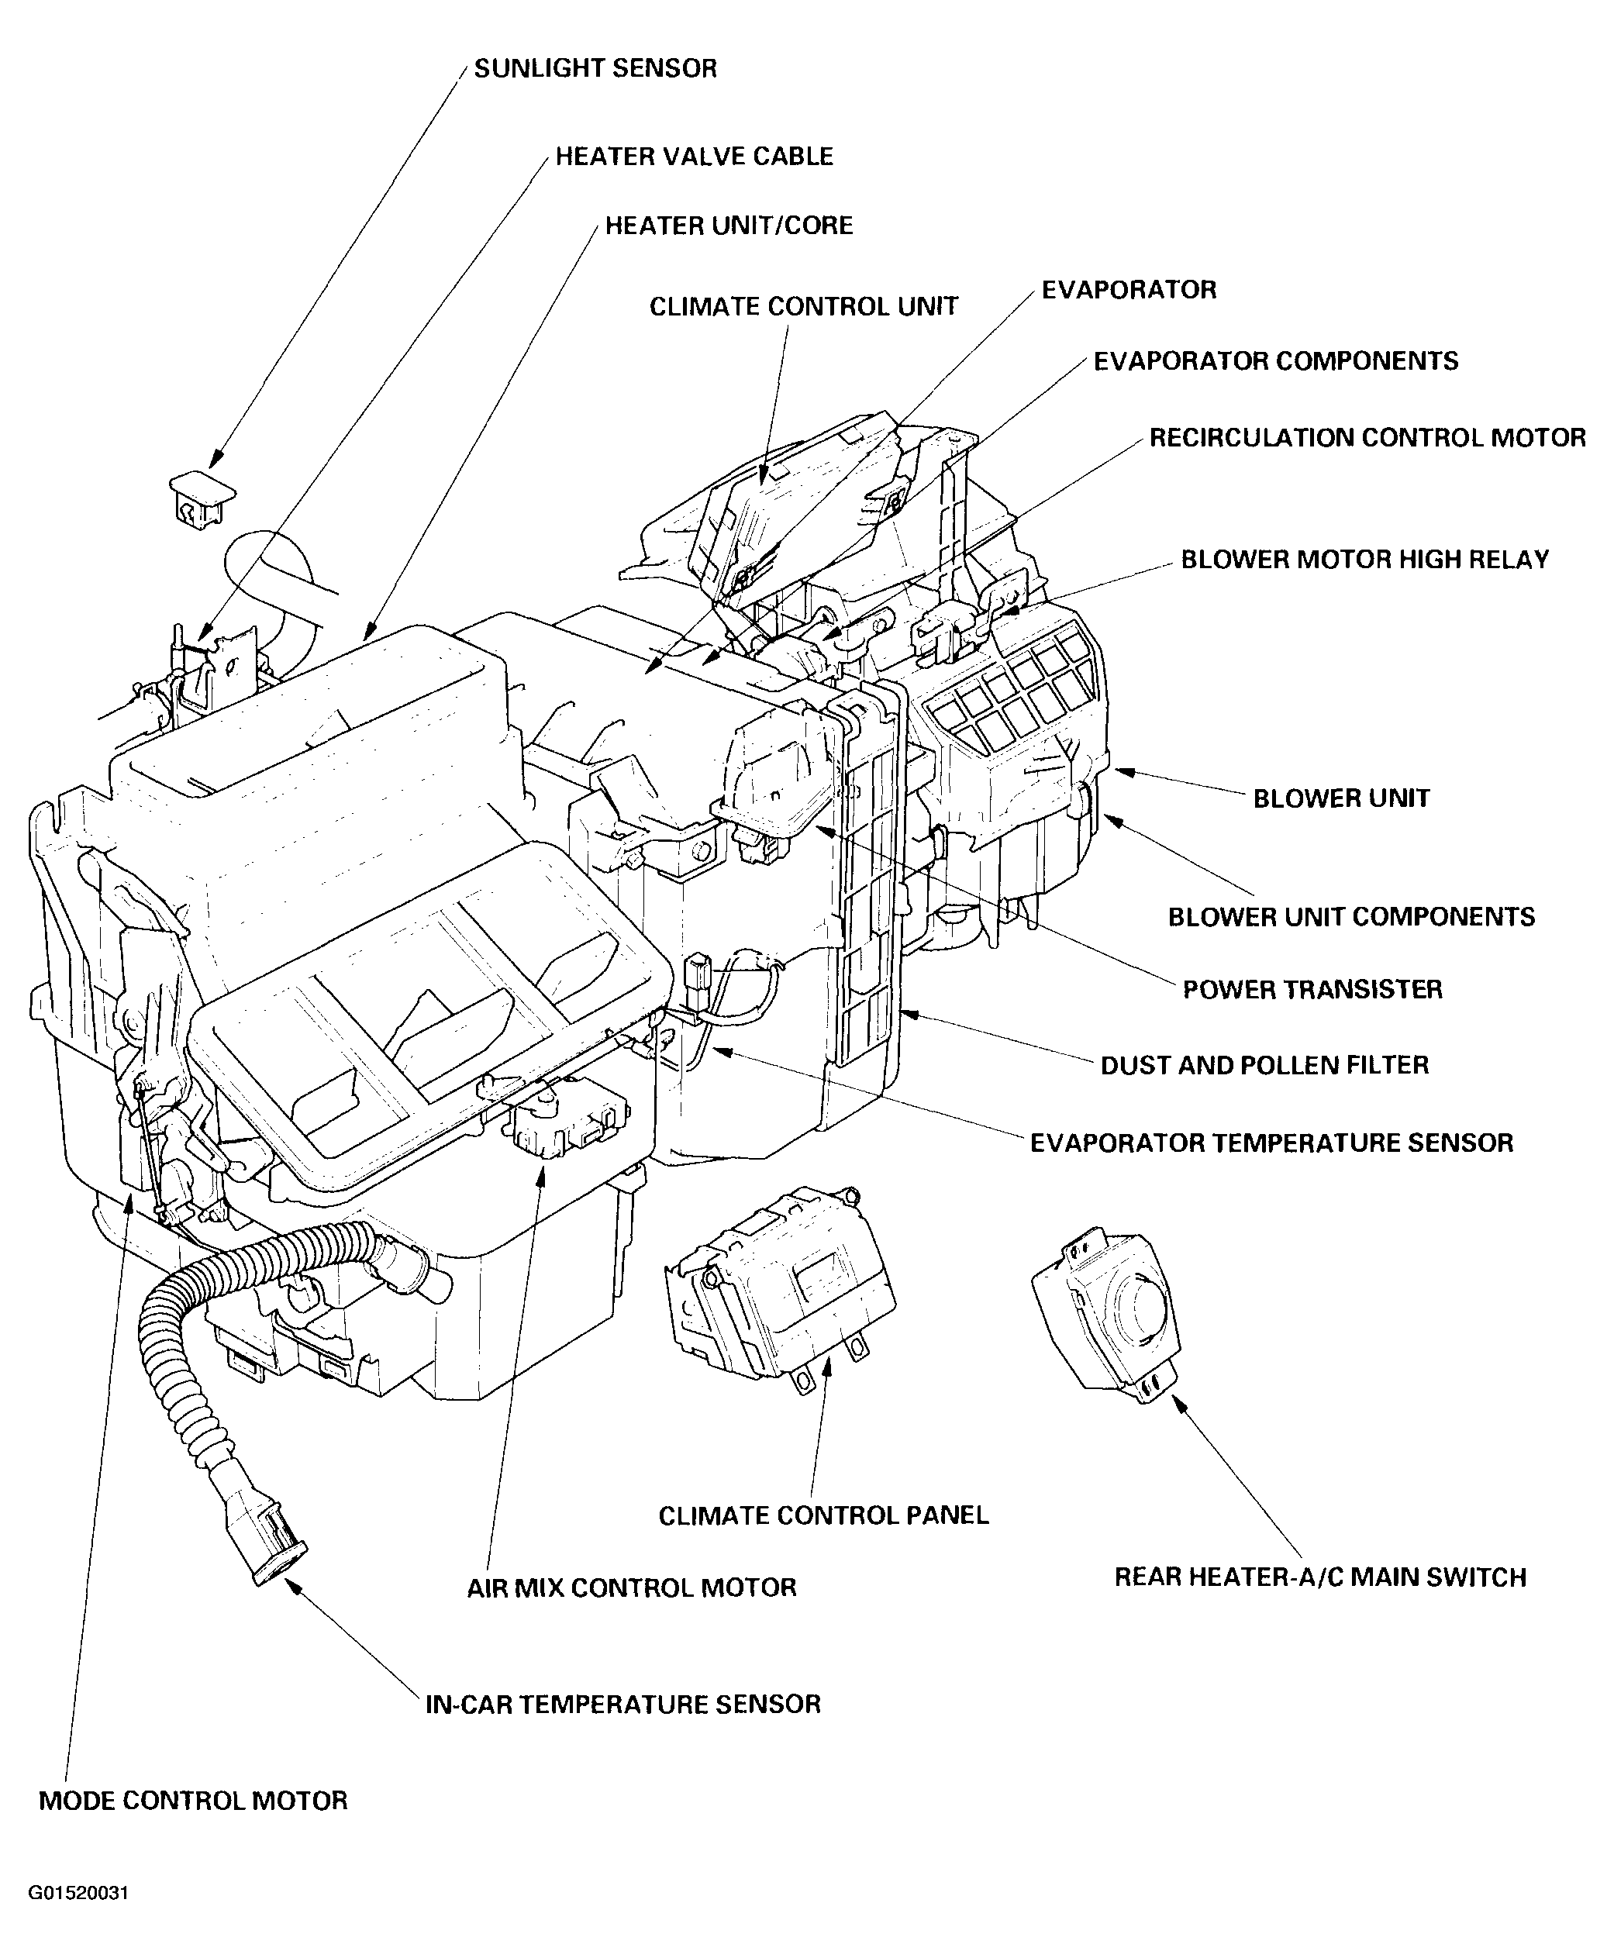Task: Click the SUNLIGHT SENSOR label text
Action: pyautogui.click(x=595, y=69)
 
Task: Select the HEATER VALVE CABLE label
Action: pyautogui.click(x=694, y=157)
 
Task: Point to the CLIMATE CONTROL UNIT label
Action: pyautogui.click(x=803, y=307)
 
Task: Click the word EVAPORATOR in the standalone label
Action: pyautogui.click(x=1129, y=290)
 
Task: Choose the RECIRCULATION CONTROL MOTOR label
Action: pyautogui.click(x=1367, y=438)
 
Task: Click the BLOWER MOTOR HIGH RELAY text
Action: pyautogui.click(x=1364, y=560)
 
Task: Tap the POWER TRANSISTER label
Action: pyautogui.click(x=1312, y=989)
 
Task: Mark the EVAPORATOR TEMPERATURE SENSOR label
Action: pyautogui.click(x=1271, y=1143)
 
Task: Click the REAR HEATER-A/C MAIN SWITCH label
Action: pyautogui.click(x=1320, y=1577)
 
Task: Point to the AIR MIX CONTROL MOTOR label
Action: pyautogui.click(x=631, y=1588)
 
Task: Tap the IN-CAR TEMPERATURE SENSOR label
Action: pyautogui.click(x=623, y=1705)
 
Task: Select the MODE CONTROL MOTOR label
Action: pyautogui.click(x=193, y=1801)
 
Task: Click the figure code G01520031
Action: pyautogui.click(x=78, y=1894)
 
